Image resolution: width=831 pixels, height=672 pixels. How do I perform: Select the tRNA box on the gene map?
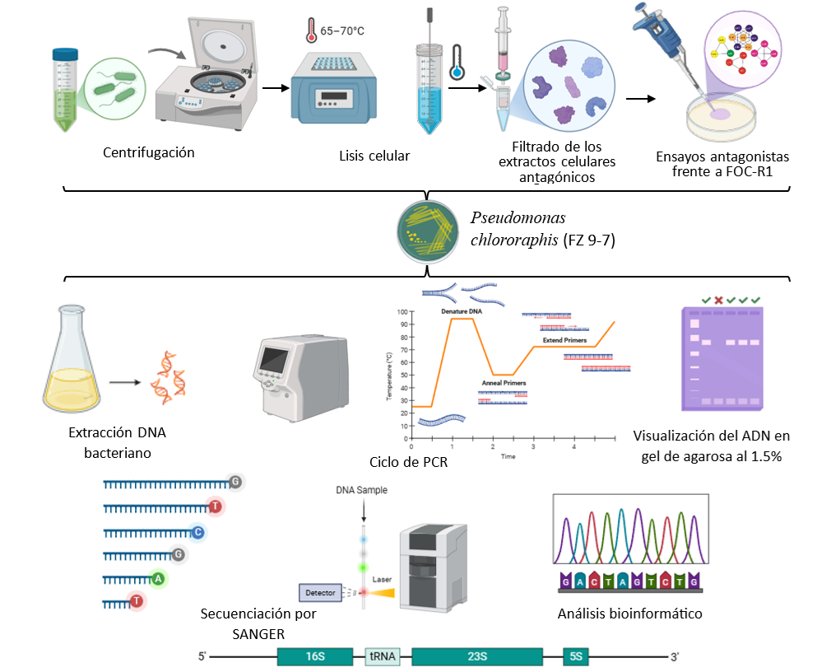click(x=381, y=656)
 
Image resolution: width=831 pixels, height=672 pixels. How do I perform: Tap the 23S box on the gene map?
click(x=477, y=656)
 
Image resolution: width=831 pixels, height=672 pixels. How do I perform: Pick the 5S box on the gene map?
click(x=576, y=656)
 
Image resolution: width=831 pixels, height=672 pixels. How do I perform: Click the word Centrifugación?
click(x=149, y=152)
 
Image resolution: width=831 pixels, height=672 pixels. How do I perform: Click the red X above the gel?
click(x=718, y=300)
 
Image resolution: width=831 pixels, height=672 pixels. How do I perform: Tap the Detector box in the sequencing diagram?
click(x=320, y=592)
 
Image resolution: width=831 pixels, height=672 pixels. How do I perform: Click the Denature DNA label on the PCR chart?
click(x=462, y=312)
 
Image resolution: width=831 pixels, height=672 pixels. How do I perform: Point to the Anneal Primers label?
click(x=504, y=384)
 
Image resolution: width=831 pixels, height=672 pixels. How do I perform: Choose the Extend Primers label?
click(x=565, y=339)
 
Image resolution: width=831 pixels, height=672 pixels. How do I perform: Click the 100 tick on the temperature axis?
click(x=402, y=312)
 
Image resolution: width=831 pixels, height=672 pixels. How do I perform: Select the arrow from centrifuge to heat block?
click(x=275, y=86)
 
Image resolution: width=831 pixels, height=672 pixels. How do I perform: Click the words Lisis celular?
click(x=374, y=156)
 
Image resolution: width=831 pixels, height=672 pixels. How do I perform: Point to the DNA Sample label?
click(x=361, y=490)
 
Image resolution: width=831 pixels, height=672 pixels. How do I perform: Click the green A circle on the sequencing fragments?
click(x=159, y=579)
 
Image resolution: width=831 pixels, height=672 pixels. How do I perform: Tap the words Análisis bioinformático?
click(x=629, y=614)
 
